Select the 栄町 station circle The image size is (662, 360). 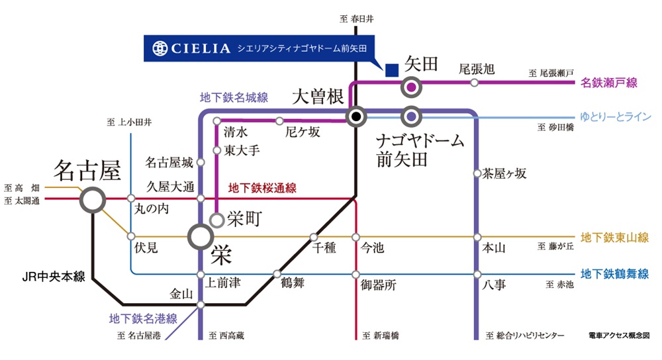[216, 220]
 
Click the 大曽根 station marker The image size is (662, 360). [356, 116]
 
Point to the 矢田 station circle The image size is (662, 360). [411, 86]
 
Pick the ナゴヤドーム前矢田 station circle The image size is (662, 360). [411, 116]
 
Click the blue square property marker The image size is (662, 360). [391, 67]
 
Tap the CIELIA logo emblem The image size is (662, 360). [160, 48]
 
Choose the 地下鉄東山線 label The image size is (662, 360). [614, 238]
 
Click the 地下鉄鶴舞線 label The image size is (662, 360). [614, 273]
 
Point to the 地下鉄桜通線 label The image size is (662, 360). [262, 189]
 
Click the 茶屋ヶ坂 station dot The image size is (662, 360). [476, 174]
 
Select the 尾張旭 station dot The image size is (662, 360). [475, 83]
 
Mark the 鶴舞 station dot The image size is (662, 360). [277, 273]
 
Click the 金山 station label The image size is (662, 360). [182, 292]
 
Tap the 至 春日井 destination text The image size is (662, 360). [356, 19]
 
